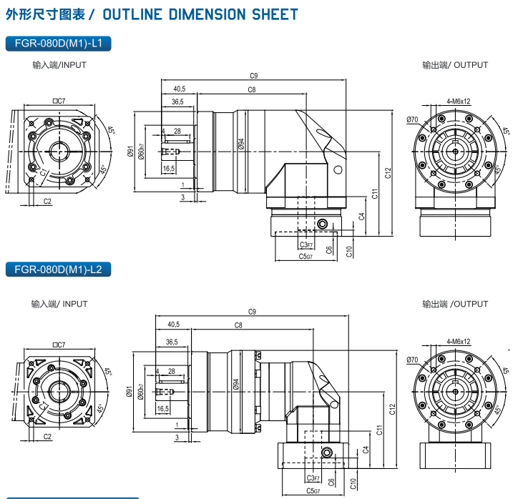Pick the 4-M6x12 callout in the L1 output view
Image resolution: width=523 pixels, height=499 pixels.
click(458, 102)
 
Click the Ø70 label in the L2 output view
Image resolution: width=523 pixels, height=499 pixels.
click(412, 360)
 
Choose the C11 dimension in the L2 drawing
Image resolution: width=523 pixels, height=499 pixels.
click(380, 430)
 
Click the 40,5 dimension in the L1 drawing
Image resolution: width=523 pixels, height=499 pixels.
click(179, 89)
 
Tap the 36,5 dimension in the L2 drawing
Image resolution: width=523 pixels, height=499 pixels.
click(172, 342)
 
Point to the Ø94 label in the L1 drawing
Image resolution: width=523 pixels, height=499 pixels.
click(241, 145)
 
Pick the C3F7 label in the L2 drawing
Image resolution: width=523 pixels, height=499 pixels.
click(313, 478)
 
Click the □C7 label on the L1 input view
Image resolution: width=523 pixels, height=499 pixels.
click(59, 102)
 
